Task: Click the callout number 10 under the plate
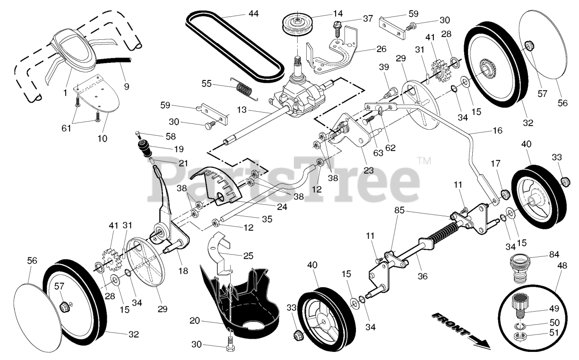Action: (x=102, y=138)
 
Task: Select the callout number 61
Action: (x=66, y=128)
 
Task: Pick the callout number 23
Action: (x=369, y=171)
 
